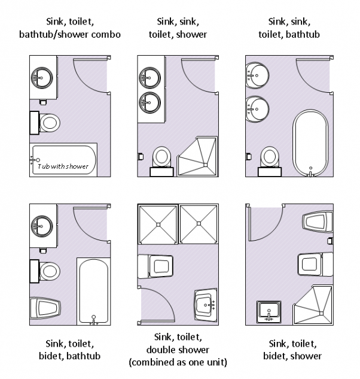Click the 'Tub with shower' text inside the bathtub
[63, 166]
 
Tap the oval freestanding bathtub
[310, 143]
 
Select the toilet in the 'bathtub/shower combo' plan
[45, 123]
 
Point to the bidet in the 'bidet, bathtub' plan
[45, 308]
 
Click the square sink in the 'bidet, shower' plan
[269, 312]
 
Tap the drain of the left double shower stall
[158, 225]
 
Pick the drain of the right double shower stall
[199, 223]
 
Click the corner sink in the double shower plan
[206, 305]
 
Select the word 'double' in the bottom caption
[161, 350]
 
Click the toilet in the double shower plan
[155, 266]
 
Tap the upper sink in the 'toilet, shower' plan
[150, 78]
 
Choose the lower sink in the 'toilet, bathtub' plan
[257, 109]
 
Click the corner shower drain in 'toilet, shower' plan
[206, 165]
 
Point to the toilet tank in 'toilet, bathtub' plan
[270, 172]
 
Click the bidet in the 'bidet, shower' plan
[318, 222]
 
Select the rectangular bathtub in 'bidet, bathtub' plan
[94, 292]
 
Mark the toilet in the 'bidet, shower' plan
[316, 264]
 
